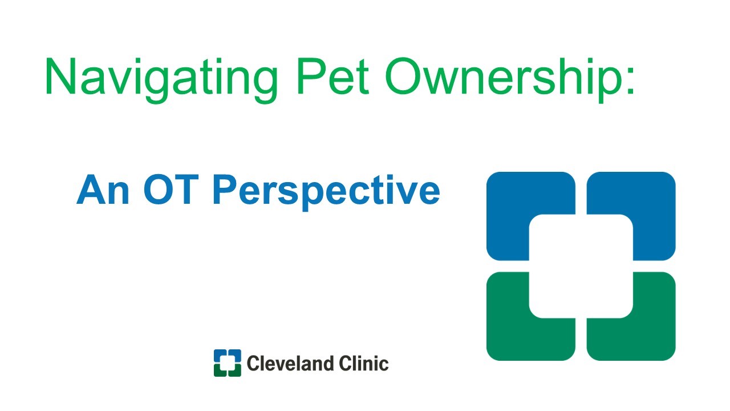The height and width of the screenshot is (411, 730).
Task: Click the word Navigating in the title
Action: tap(161, 80)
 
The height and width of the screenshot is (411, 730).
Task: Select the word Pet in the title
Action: tap(333, 76)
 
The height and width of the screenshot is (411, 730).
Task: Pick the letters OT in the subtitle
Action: tap(171, 190)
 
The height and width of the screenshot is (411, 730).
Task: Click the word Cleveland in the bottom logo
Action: tap(290, 364)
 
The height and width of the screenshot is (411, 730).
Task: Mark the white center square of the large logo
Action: tap(581, 266)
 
